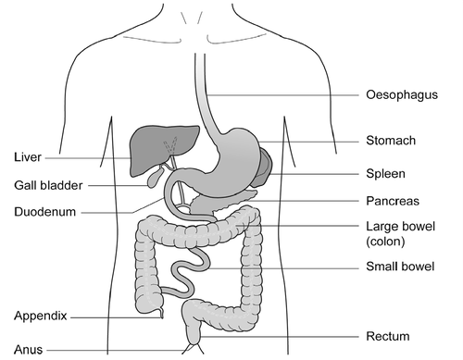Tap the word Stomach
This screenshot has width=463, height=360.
click(389, 142)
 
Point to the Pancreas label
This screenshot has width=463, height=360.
click(393, 201)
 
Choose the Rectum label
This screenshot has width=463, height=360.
click(387, 336)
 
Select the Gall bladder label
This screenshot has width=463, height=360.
click(48, 185)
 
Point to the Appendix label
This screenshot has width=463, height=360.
click(42, 316)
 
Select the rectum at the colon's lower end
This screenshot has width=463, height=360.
click(194, 324)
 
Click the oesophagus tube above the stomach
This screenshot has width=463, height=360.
click(199, 93)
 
